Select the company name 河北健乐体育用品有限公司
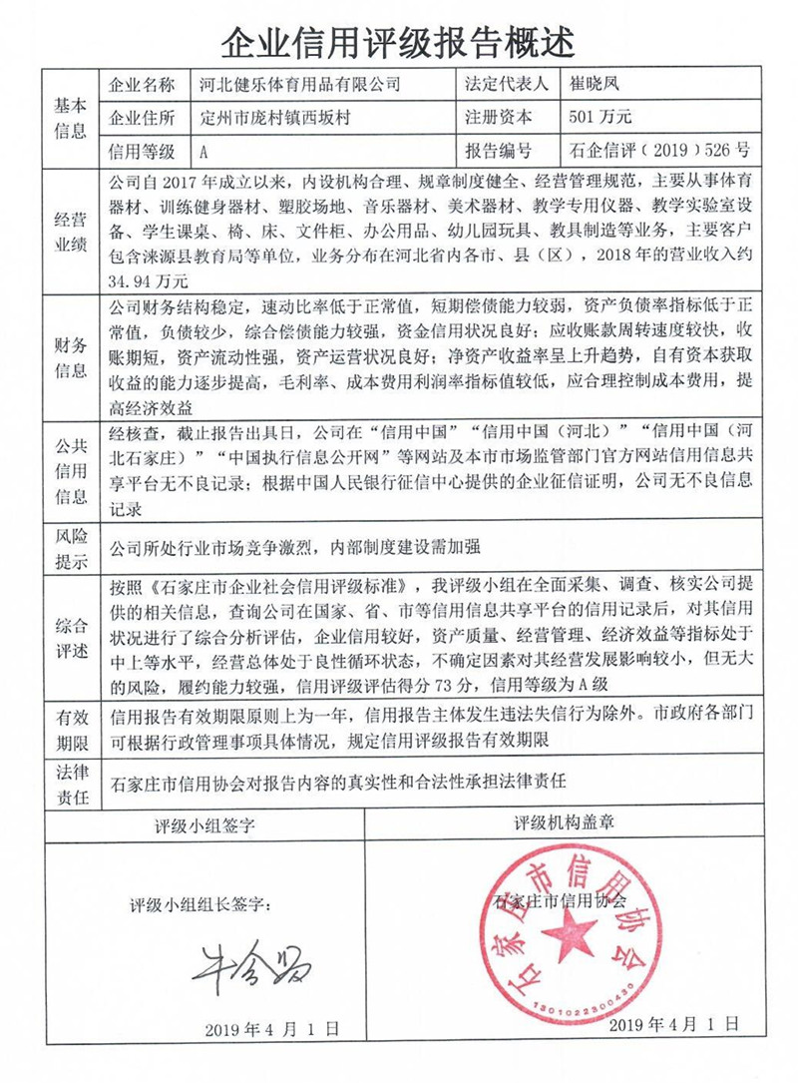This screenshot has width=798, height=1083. point(300,85)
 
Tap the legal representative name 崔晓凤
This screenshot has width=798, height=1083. point(596,85)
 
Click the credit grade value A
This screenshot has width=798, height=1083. point(204,153)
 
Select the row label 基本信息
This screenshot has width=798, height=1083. point(71,118)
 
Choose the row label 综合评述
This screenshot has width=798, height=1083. point(71,640)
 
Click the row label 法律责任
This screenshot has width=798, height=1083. point(71,784)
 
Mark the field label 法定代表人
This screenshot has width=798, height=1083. point(506,85)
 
